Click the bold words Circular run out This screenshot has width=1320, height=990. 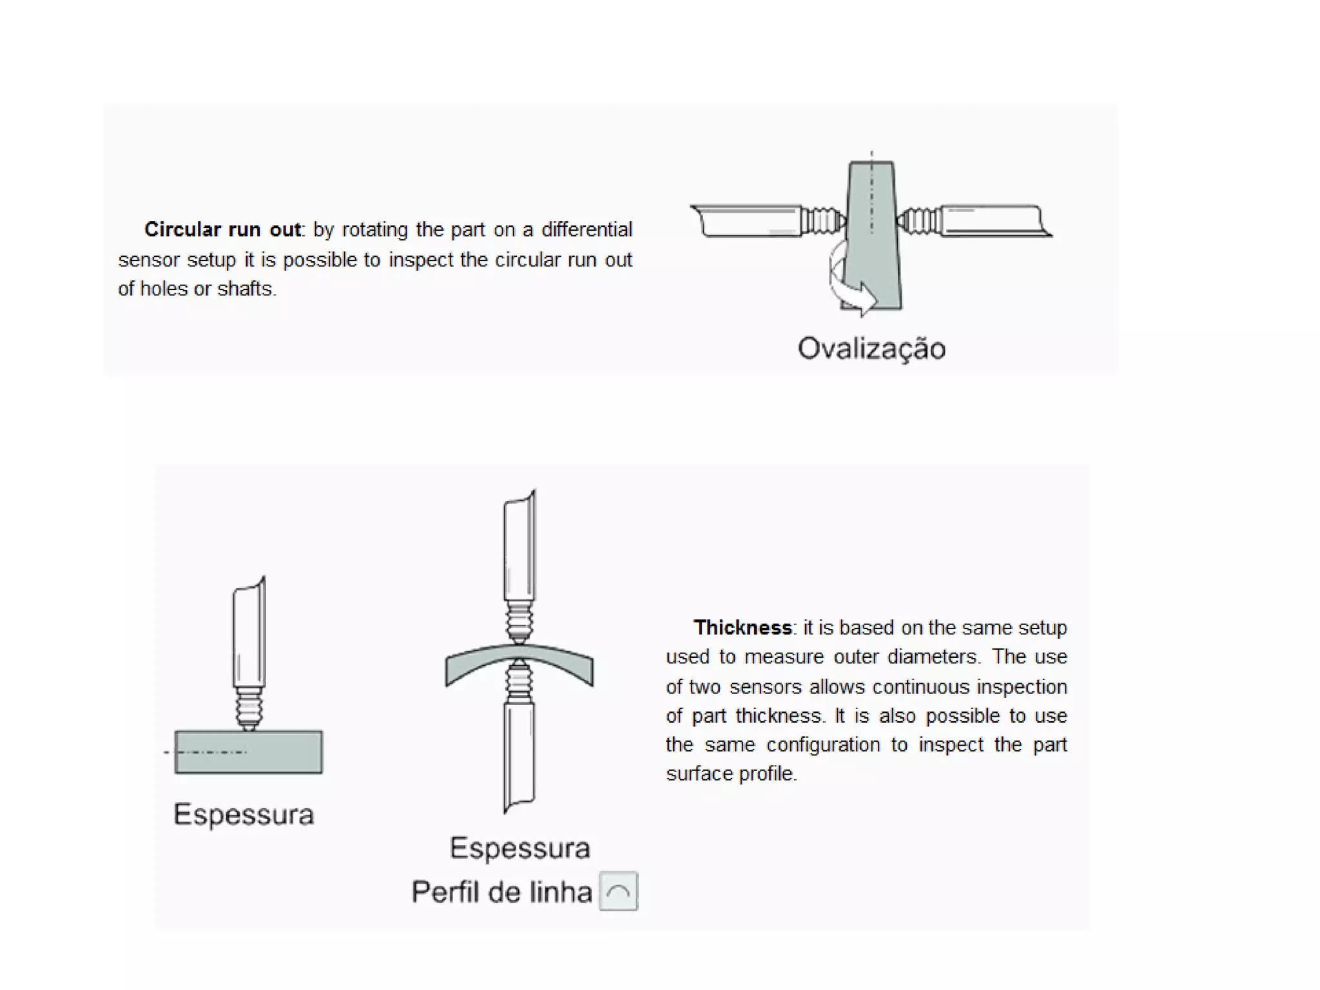pos(222,229)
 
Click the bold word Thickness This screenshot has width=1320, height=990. pos(742,628)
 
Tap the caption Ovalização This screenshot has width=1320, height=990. pos(871,349)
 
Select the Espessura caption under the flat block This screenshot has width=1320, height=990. pos(244,815)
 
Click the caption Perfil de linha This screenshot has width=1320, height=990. pos(501,893)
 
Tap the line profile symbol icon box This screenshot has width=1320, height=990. pos(618,891)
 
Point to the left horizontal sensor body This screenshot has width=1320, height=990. pos(748,221)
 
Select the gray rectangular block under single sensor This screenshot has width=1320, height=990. pos(249,752)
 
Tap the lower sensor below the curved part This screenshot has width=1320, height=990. pos(519,754)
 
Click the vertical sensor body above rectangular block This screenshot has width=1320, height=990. pos(249,635)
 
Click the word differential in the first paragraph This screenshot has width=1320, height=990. pos(587,229)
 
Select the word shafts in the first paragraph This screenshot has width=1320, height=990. pos(246,289)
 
